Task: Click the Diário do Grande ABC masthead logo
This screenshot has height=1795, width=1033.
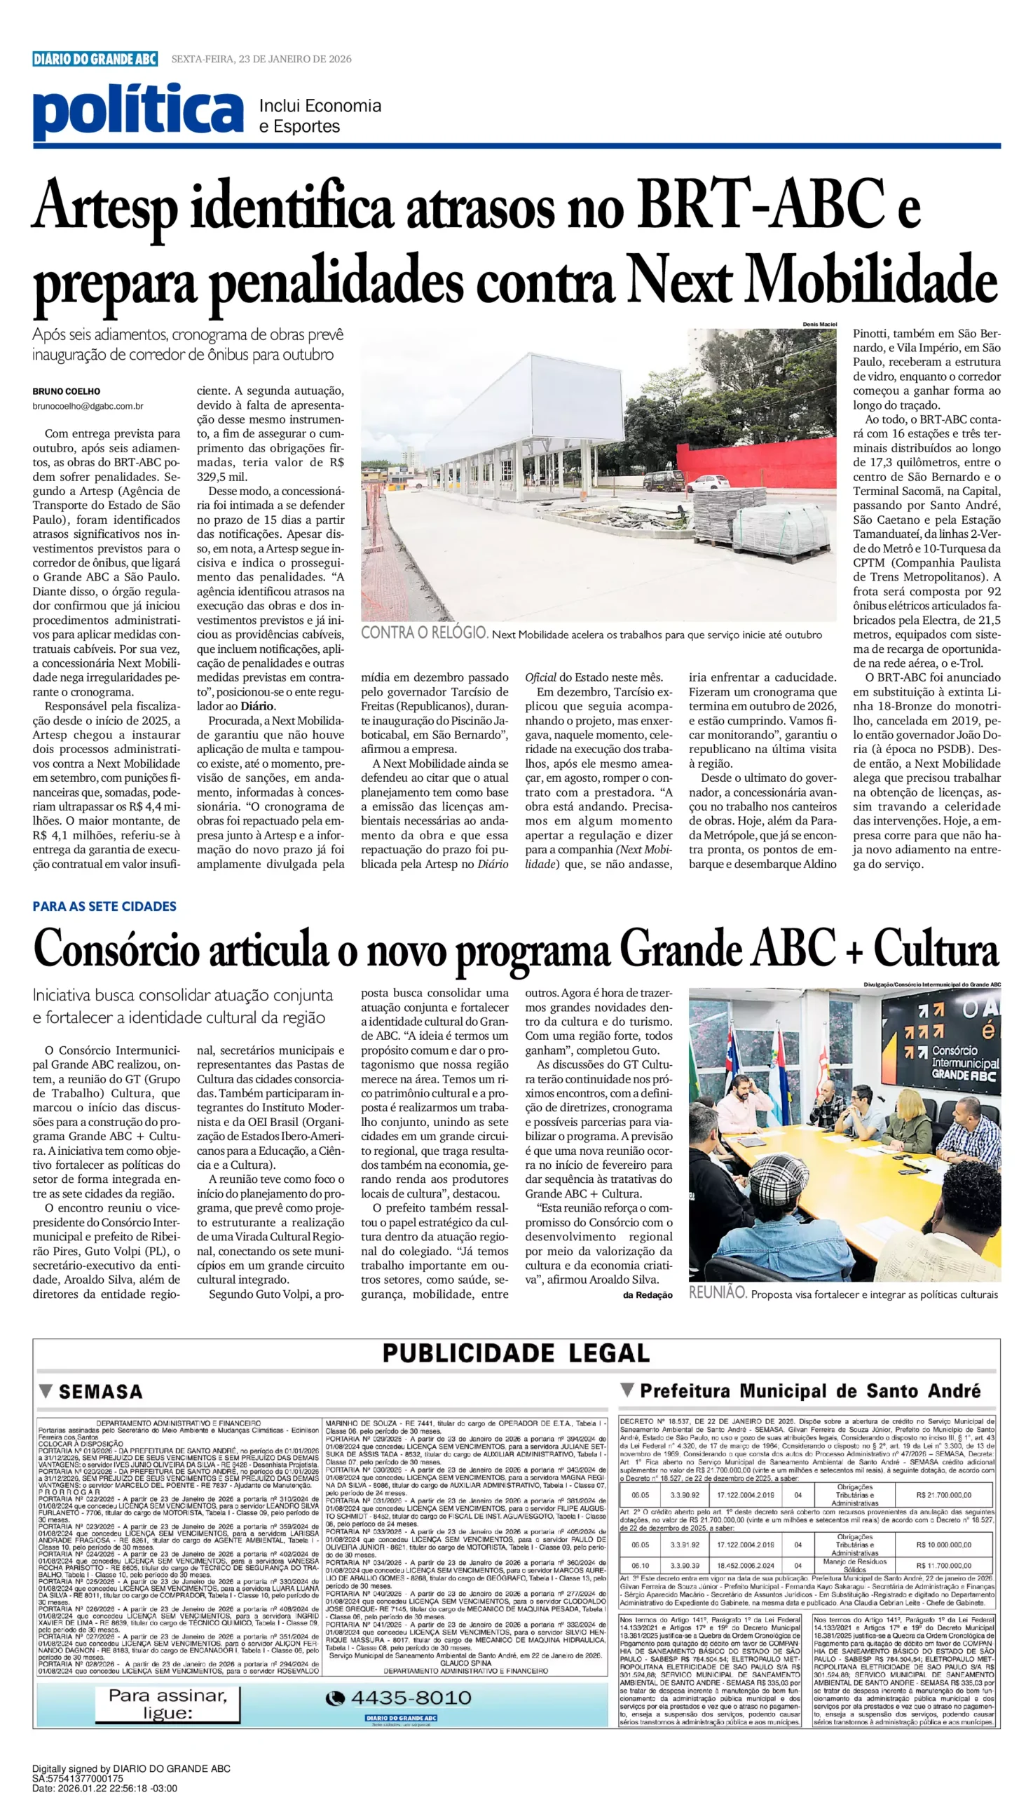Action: [x=95, y=59]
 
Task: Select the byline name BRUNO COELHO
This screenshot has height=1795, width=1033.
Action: [x=66, y=391]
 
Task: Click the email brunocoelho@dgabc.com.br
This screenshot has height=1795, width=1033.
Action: [x=88, y=406]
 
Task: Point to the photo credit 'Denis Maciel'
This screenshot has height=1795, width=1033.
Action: [x=819, y=325]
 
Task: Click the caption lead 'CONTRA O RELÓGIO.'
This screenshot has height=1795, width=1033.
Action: [x=423, y=633]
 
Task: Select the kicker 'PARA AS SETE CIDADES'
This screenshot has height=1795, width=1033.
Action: [x=104, y=907]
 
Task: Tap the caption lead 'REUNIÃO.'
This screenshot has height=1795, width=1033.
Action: [x=717, y=1293]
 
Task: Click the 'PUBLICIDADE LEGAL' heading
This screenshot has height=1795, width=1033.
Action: [x=516, y=1353]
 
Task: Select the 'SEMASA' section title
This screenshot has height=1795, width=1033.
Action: [x=100, y=1392]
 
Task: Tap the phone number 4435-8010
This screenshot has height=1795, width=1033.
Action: [x=411, y=1698]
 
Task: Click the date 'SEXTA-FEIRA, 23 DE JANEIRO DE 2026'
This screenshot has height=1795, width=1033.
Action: [x=261, y=59]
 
